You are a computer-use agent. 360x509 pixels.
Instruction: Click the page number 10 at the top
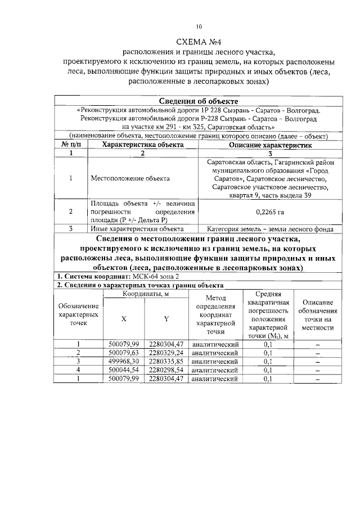coord(199,26)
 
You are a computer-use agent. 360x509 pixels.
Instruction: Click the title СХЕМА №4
coord(199,42)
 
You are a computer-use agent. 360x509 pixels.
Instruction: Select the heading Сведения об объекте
coord(199,101)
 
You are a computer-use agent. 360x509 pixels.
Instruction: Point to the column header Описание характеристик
coord(270,145)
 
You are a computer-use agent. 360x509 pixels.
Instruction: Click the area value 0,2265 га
coord(270,212)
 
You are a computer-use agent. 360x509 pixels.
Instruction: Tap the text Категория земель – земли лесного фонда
coord(270,229)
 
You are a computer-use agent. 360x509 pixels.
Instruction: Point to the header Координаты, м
coord(147,294)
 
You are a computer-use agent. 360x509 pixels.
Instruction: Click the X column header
coord(124,318)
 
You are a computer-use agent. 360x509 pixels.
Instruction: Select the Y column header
coord(166,318)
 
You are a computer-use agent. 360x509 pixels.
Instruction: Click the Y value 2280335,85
coord(167,361)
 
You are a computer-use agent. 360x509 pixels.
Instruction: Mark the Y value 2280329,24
coord(167,353)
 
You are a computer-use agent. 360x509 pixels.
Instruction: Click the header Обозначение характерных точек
coord(79,314)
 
